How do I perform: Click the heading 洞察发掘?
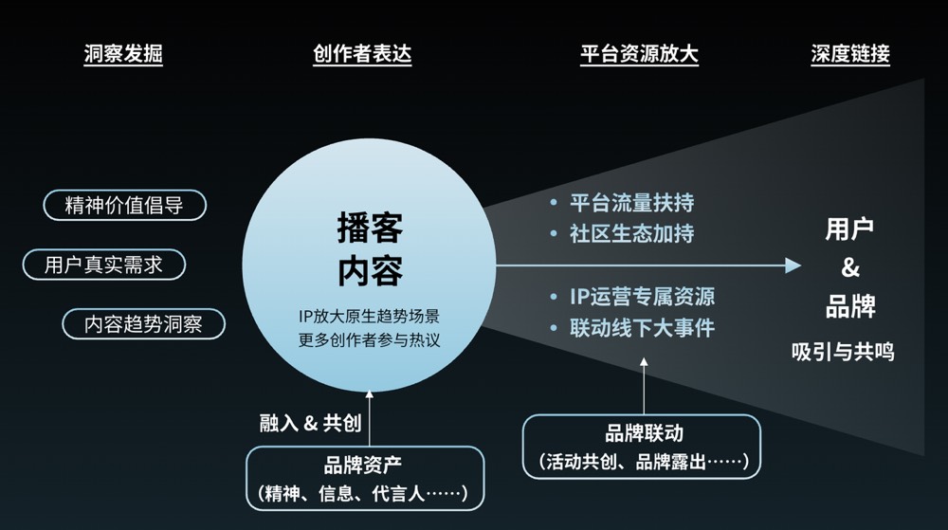(123, 54)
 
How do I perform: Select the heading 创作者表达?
(362, 54)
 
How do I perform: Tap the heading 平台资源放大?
(639, 54)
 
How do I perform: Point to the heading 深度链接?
(850, 54)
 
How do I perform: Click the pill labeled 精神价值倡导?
(124, 205)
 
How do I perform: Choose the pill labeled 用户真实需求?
(104, 265)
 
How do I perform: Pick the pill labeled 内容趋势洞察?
(143, 324)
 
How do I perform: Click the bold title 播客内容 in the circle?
(370, 249)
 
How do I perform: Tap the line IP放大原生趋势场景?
(369, 316)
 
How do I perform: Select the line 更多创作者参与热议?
(369, 339)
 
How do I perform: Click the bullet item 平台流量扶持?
(631, 203)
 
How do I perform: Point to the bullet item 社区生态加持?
(631, 233)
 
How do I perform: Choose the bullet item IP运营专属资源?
(642, 296)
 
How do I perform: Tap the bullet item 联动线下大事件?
(642, 327)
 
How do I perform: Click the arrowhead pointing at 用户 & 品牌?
(793, 265)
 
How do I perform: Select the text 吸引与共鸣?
(843, 352)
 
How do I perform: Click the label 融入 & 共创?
(310, 423)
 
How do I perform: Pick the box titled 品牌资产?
(365, 478)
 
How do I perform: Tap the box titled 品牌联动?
(642, 447)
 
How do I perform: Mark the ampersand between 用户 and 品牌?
(850, 267)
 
